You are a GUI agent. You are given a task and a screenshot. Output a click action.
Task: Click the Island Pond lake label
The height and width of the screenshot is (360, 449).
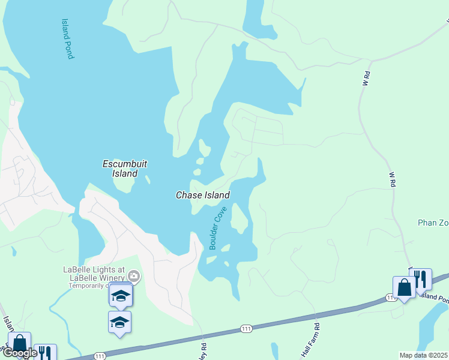coord(67,38)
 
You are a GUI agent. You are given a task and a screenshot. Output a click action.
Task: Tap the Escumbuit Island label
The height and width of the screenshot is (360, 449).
coord(124,169)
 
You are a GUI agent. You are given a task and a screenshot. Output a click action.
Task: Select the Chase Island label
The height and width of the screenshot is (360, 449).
coord(202,195)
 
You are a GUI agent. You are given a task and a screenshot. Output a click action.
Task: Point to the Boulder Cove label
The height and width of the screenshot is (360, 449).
coord(217,229)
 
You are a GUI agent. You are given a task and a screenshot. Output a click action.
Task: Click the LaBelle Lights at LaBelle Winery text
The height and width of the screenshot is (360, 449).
coord(101,273)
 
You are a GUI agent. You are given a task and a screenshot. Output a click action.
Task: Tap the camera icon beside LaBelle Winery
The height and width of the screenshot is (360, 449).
coord(133,277)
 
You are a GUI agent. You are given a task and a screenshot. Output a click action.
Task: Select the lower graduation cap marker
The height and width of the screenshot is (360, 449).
coord(119,322)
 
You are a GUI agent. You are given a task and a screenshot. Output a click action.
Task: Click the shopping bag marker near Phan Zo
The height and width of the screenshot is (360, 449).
coord(404,287)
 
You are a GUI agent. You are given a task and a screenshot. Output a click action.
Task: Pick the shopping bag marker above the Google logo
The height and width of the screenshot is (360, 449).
coord(20,344)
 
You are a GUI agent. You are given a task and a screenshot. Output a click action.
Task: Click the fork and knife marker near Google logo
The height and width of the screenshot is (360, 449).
coord(45,352)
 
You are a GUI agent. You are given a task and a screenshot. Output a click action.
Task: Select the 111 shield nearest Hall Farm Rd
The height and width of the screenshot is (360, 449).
coord(247,329)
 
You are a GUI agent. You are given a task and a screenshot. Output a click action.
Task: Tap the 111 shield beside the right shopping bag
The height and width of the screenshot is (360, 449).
coord(390,298)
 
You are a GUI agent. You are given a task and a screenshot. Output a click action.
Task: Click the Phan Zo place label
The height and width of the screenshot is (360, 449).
coord(433,223)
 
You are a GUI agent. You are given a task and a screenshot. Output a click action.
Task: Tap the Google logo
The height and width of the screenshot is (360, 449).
coord(20,353)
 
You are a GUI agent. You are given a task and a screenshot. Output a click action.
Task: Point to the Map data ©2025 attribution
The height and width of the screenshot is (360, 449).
coord(423,355)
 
